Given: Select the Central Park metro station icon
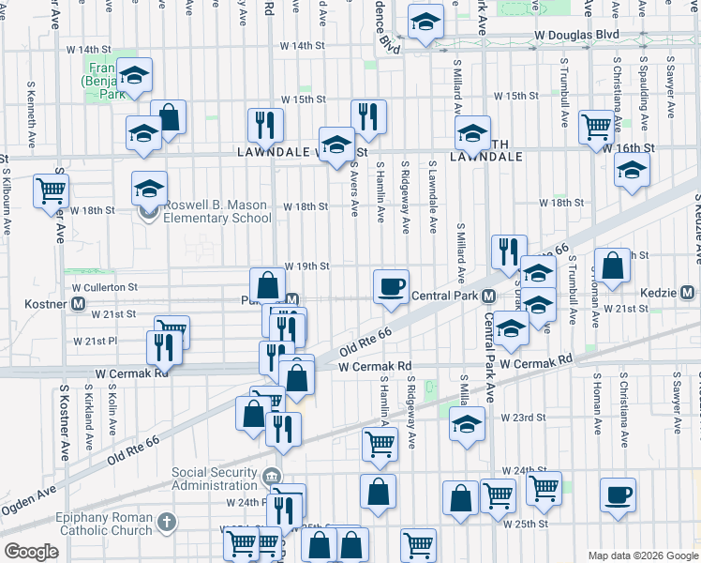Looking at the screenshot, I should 489,297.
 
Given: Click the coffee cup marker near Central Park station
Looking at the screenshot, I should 391,285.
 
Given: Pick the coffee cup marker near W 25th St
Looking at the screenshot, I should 617,495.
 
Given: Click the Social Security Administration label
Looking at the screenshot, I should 215,479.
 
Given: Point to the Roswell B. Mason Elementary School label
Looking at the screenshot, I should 210,212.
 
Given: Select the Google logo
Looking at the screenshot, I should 31,551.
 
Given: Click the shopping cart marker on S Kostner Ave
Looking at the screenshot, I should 51,190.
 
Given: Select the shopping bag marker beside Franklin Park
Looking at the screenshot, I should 169,118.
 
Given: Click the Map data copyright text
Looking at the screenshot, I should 642,555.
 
